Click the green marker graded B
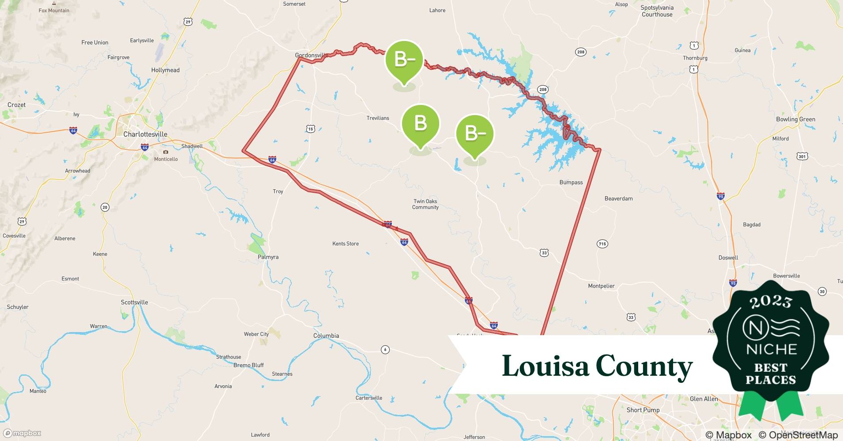tap(420, 123)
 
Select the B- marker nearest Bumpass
tap(474, 134)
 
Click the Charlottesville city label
tap(145, 134)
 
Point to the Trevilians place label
tap(378, 118)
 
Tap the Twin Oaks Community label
tap(425, 204)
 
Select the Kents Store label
tap(345, 243)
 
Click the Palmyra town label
tap(268, 257)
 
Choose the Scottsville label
tap(134, 302)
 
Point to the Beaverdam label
tap(618, 198)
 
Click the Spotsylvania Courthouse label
tap(657, 11)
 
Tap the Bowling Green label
tap(795, 119)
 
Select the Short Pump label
tap(643, 410)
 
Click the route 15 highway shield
tap(310, 129)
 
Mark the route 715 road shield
tap(602, 243)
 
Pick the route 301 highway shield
tap(802, 156)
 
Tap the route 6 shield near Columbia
tap(385, 350)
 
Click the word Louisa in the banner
tap(545, 366)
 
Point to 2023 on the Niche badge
tap(771, 302)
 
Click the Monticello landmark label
tap(166, 159)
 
